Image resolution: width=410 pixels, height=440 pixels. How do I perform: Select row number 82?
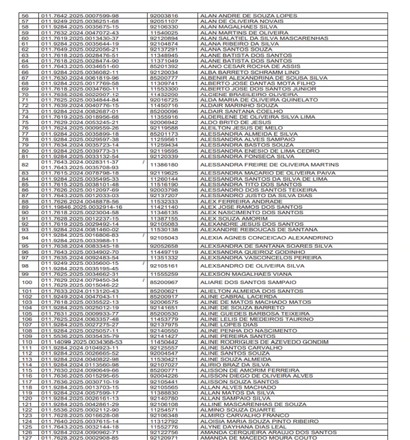coord(27,164)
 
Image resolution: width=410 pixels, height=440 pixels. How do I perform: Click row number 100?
coord(27,282)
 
